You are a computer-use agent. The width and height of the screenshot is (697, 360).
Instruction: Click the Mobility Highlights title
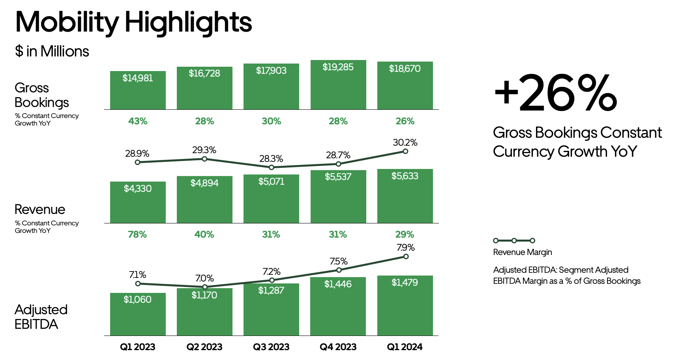pyautogui.click(x=133, y=22)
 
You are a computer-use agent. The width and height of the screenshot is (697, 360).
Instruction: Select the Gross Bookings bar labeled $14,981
pyautogui.click(x=138, y=90)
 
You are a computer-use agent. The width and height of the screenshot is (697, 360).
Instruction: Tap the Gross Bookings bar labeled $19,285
pyautogui.click(x=338, y=85)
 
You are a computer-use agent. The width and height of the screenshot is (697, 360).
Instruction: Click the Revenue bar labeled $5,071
pyautogui.click(x=271, y=199)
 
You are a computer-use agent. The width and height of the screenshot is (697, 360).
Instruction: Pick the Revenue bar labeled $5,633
pyautogui.click(x=405, y=196)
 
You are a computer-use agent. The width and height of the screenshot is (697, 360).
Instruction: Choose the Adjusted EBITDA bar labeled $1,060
pyautogui.click(x=138, y=314)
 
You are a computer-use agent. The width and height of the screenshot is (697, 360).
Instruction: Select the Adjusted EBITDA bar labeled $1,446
pyautogui.click(x=338, y=306)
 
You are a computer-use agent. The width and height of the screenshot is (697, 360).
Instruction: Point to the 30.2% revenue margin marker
pyautogui.click(x=405, y=151)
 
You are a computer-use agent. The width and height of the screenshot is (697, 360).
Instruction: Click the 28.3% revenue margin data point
pyautogui.click(x=272, y=167)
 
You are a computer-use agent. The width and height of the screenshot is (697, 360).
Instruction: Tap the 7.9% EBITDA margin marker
pyautogui.click(x=406, y=257)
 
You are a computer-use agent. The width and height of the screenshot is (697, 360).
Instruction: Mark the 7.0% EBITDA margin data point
pyautogui.click(x=205, y=287)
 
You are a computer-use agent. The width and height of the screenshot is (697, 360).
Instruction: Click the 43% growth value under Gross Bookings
pyautogui.click(x=138, y=121)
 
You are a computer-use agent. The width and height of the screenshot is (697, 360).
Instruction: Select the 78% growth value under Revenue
pyautogui.click(x=137, y=234)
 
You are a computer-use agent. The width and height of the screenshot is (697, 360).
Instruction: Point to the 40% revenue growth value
pyautogui.click(x=204, y=234)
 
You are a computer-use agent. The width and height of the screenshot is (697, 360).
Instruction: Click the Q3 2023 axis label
pyautogui.click(x=271, y=347)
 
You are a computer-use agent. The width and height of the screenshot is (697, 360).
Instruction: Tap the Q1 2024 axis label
pyautogui.click(x=405, y=347)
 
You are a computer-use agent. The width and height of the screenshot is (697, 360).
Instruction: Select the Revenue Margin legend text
pyautogui.click(x=523, y=252)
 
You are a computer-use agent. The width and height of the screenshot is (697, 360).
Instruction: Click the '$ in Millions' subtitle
pyautogui.click(x=52, y=52)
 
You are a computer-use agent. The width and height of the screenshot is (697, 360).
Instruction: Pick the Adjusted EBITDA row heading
pyautogui.click(x=41, y=317)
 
